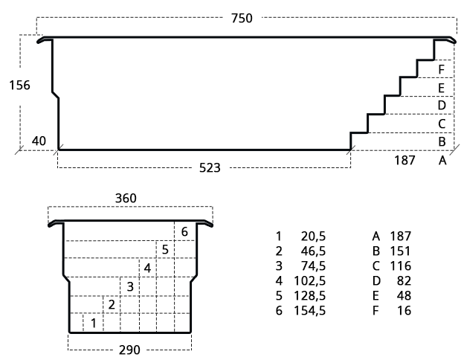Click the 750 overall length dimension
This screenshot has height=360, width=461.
[242, 19]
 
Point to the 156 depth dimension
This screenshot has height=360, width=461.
[19, 86]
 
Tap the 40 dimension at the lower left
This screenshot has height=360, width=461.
[39, 141]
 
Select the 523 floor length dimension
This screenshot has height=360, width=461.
[210, 168]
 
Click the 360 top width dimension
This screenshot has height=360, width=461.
[126, 199]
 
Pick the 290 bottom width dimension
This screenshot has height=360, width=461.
[129, 350]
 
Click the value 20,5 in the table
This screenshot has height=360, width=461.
[313, 237]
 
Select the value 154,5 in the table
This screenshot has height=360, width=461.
[310, 311]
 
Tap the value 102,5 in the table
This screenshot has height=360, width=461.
[310, 281]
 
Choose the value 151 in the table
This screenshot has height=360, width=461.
[401, 251]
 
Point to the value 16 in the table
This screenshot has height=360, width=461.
[404, 311]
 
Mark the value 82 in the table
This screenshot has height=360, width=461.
[404, 281]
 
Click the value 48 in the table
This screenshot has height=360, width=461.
[404, 295]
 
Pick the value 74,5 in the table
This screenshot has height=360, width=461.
[313, 266]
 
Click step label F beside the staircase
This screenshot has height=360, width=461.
[442, 70]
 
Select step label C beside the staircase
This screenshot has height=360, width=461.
[442, 123]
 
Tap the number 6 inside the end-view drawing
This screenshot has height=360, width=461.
[184, 232]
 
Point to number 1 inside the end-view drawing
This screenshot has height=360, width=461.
[94, 324]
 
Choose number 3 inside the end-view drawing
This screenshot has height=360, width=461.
[130, 286]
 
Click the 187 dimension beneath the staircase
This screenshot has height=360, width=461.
[404, 161]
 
